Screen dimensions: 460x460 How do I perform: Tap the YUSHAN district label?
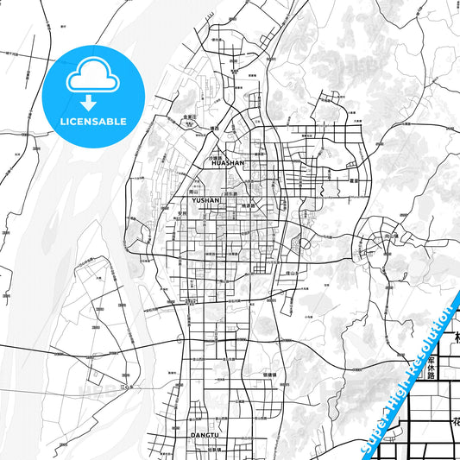click(206, 199)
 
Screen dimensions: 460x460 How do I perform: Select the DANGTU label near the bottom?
click(205, 435)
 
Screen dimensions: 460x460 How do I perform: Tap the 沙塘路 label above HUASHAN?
click(216, 157)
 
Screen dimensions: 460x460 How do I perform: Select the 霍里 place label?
click(353, 181)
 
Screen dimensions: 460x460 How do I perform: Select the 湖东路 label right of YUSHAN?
click(230, 194)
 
